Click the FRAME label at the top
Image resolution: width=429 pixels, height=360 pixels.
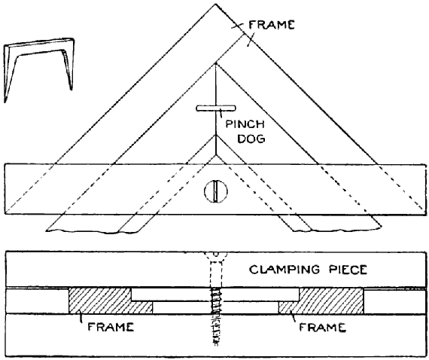[x=271, y=25]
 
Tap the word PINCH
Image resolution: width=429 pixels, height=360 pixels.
[x=245, y=124]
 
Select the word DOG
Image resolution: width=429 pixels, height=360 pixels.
[x=251, y=139]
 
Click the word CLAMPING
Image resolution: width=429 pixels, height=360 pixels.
[x=284, y=270]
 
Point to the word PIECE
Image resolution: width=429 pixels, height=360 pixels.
[x=348, y=270]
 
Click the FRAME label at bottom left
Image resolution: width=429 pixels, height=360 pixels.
[x=111, y=327]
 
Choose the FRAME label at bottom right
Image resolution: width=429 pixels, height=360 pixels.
[x=323, y=327]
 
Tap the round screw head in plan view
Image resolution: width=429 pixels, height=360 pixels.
[x=216, y=191]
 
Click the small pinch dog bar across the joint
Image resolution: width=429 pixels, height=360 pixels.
[x=215, y=108]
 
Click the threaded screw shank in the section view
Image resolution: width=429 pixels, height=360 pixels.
[x=216, y=315]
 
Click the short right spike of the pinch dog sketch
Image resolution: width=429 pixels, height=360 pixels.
[x=69, y=70]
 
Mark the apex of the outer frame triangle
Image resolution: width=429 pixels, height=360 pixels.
[x=215, y=4]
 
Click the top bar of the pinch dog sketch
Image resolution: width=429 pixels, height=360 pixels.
[x=40, y=43]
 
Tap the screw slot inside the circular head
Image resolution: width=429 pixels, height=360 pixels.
[x=216, y=191]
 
